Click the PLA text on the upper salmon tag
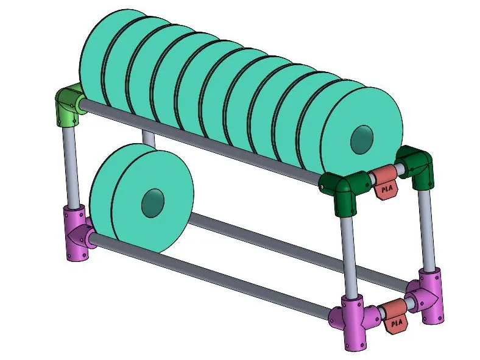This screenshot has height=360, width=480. (x=387, y=189)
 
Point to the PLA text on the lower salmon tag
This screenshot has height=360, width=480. (x=397, y=323)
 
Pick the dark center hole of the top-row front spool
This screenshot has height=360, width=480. (x=362, y=139)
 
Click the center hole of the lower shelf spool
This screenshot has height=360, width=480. (x=153, y=203)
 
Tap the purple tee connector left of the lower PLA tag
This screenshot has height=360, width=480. (x=355, y=320)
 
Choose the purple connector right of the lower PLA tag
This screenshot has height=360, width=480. (x=427, y=295)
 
